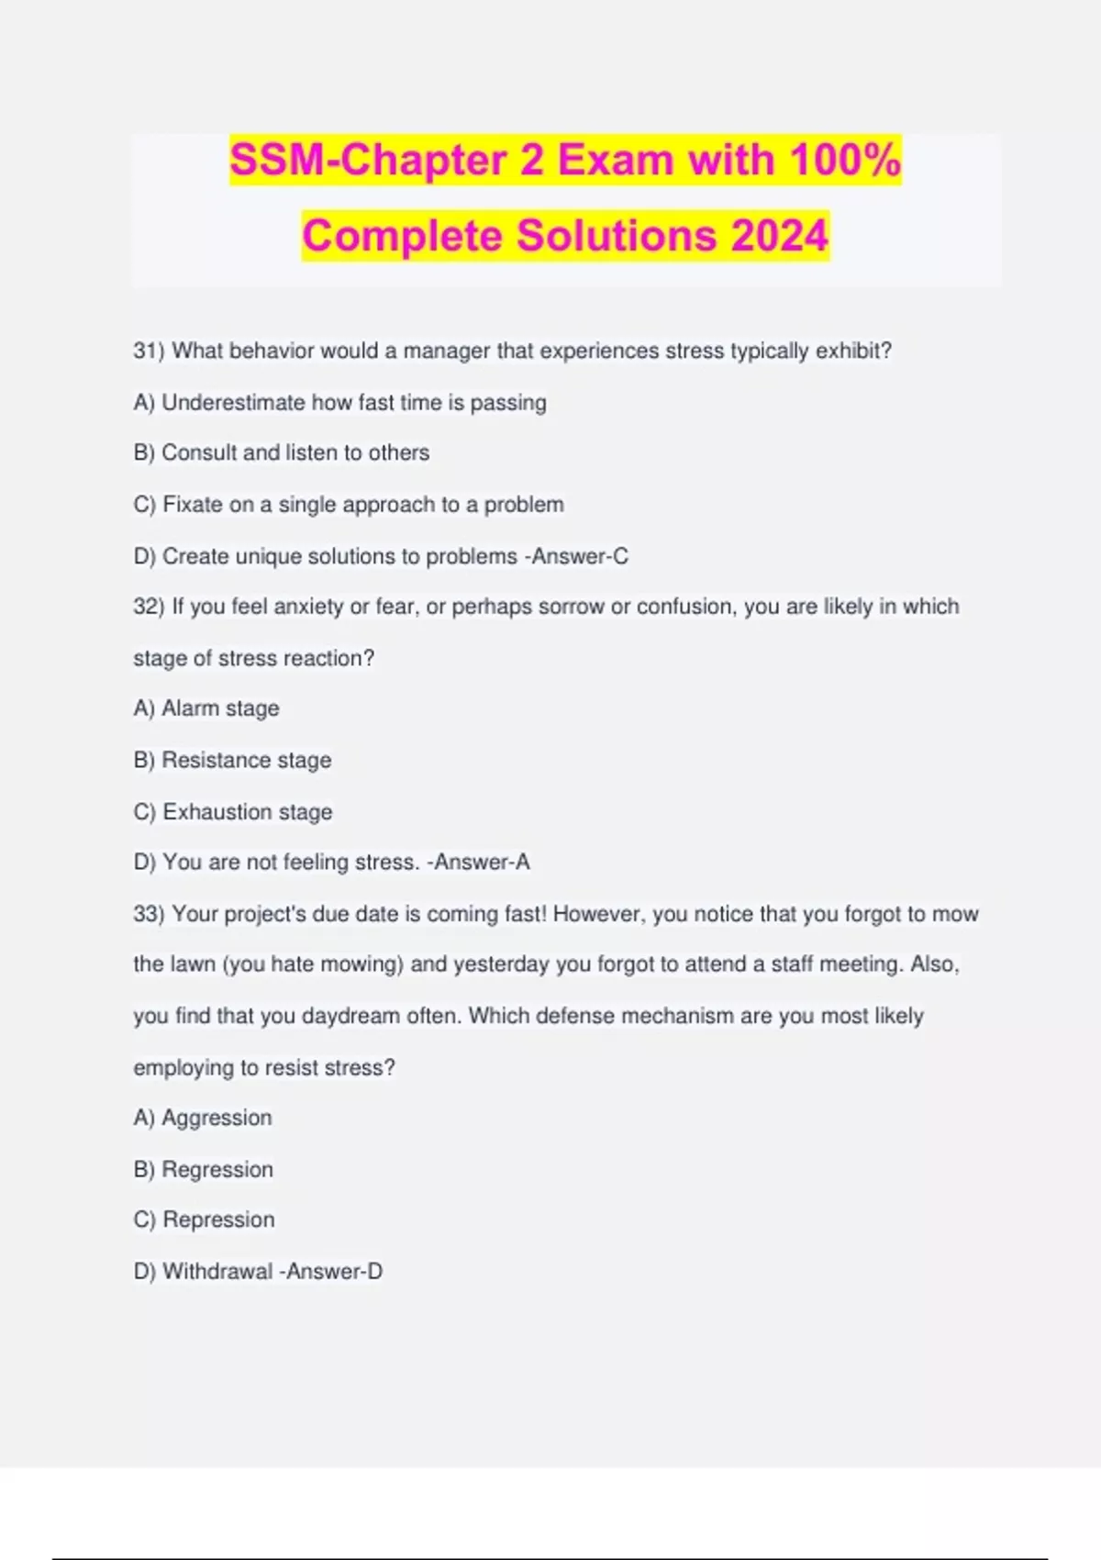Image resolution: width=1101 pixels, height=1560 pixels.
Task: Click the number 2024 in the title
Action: (x=780, y=236)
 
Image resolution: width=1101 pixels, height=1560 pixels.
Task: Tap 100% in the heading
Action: (x=844, y=160)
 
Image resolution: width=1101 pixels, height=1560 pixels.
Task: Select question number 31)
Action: (x=149, y=351)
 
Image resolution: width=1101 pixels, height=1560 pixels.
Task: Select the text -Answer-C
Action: (x=576, y=556)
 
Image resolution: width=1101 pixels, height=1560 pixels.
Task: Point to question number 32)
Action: (x=149, y=607)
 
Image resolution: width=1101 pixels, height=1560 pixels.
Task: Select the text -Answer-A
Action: (x=478, y=863)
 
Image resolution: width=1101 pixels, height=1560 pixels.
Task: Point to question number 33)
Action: (x=149, y=914)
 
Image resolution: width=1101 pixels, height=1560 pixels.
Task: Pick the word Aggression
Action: (x=217, y=1118)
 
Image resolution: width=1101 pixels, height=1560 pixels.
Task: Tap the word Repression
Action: (x=218, y=1220)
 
